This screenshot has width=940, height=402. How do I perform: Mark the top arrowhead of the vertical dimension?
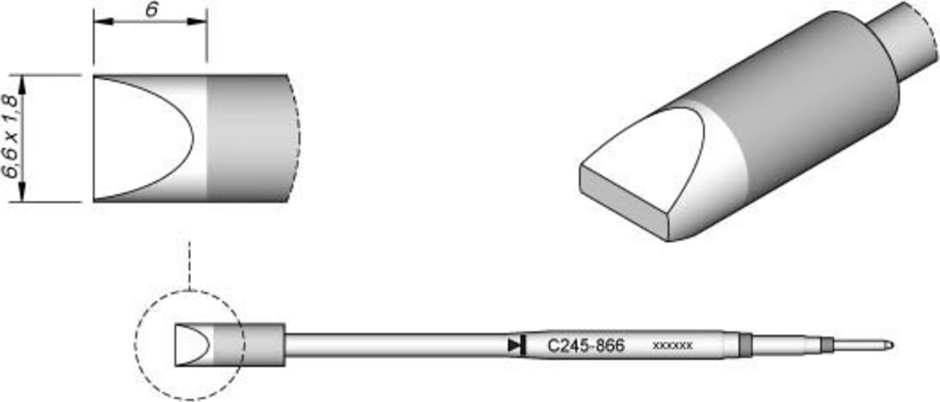pos(23,82)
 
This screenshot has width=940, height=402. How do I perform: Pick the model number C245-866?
pos(586,346)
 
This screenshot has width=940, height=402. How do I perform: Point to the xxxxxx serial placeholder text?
pos(672,346)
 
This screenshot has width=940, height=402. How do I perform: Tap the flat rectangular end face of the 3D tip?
pos(624,203)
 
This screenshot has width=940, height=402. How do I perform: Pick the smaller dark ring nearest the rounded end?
pos(826,346)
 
